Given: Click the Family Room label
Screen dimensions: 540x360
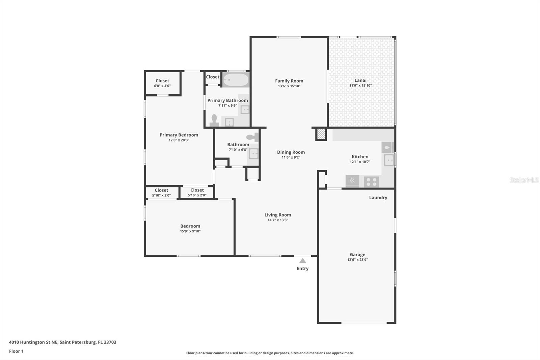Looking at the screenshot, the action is (x=289, y=81).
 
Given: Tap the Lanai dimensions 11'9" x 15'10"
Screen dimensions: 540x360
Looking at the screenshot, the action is (x=360, y=85).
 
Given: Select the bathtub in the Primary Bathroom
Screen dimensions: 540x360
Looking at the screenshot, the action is (x=236, y=80).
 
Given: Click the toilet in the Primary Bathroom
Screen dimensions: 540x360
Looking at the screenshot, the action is (x=214, y=121).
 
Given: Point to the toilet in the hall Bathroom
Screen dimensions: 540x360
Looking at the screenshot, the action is (x=252, y=137).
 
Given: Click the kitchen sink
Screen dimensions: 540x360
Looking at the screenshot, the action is (x=389, y=160).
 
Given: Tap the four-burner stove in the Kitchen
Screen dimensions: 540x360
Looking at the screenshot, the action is (x=372, y=182).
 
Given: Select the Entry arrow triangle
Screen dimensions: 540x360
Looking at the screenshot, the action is (x=302, y=261).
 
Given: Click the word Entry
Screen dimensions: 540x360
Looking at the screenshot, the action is (x=302, y=268).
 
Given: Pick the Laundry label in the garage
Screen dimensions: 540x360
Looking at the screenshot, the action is (x=378, y=198).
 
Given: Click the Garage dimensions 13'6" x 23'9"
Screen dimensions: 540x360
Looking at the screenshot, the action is (x=357, y=260).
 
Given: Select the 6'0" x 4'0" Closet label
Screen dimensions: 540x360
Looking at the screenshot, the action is (x=162, y=83).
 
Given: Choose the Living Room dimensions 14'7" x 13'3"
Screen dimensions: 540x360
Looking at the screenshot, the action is (x=278, y=220).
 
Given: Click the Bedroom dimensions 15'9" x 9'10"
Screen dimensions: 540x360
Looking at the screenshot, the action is (x=190, y=231).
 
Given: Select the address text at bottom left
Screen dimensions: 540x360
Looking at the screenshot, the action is (x=63, y=342).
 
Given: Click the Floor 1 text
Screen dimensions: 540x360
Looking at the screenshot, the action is (x=16, y=351).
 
